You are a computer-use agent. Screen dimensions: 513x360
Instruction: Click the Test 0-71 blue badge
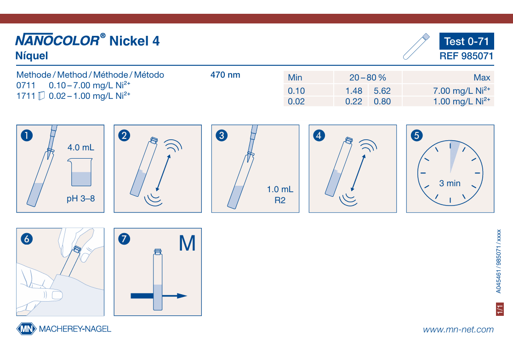(467, 41)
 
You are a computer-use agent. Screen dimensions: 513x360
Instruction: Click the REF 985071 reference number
(466, 56)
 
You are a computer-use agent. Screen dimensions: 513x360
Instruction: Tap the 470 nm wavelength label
(225, 75)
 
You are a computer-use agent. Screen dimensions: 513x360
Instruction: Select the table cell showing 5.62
(382, 91)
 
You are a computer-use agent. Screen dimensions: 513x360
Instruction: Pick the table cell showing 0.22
(353, 102)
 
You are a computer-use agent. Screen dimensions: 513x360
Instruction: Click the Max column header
(482, 78)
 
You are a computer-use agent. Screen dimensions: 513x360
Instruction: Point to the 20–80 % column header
(368, 78)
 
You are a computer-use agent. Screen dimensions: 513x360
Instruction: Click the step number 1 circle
(27, 135)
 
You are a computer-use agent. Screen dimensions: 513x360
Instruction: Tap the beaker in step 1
(80, 172)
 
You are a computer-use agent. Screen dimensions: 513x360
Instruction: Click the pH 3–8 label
(81, 199)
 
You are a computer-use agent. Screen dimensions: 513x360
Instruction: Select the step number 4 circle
(319, 135)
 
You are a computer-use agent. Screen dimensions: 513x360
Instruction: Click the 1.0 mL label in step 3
(280, 189)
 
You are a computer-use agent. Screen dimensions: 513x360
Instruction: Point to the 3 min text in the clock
(450, 183)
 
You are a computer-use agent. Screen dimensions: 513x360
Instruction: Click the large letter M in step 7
(187, 244)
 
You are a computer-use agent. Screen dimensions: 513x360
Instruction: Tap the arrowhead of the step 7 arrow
(182, 296)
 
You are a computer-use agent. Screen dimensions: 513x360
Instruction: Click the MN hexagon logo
(26, 329)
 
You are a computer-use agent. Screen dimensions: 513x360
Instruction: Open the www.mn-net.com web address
(458, 330)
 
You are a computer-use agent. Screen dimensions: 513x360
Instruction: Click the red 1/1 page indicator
(500, 309)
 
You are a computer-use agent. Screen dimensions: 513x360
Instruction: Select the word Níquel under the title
(32, 56)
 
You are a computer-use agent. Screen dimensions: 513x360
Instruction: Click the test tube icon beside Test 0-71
(416, 46)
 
